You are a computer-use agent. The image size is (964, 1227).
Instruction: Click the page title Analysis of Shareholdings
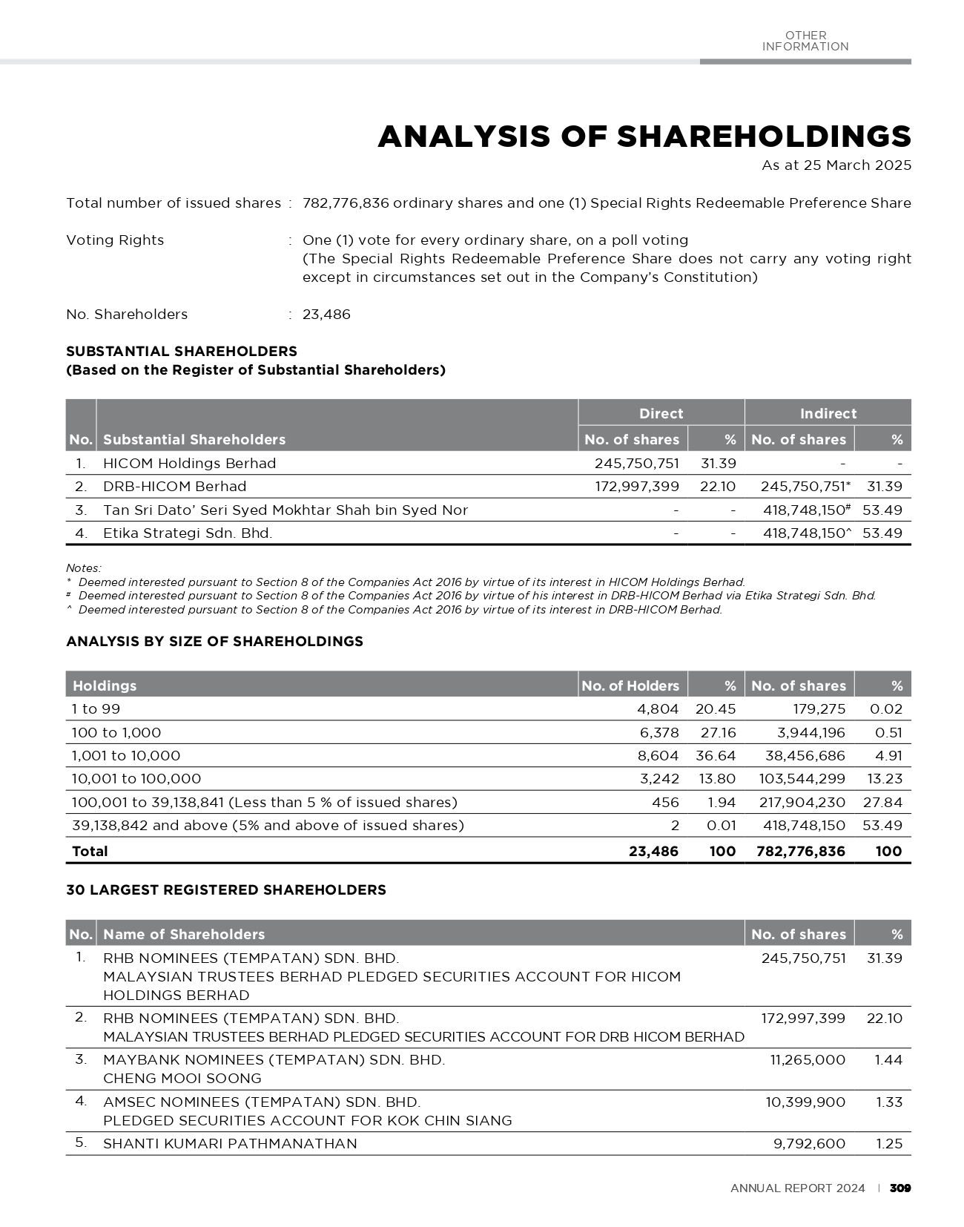pos(644,137)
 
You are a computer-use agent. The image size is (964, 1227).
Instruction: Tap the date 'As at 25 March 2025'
pos(836,165)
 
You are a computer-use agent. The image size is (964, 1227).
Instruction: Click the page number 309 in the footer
pos(899,1188)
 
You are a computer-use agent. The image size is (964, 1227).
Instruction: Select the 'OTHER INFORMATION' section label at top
pos(805,41)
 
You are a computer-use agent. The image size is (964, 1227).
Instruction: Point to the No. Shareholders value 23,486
pos(326,315)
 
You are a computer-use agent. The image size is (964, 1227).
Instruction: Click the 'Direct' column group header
pos(661,413)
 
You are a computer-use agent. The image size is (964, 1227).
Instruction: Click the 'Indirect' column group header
pos(828,413)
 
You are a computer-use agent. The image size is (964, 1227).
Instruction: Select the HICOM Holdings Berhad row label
pos(189,464)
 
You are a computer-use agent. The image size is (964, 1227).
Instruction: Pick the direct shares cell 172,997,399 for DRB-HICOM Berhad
pos(637,487)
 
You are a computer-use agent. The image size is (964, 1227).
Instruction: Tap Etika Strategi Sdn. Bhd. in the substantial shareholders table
pos(187,533)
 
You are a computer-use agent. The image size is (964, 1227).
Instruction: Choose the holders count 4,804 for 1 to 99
pos(658,709)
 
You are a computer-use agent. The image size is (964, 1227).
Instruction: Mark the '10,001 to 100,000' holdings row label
pos(136,779)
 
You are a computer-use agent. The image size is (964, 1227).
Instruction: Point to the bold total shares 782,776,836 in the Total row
pos(800,852)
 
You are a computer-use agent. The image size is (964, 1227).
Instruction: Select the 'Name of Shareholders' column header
pos(183,935)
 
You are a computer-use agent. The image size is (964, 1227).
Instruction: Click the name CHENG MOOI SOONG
pos(182,1079)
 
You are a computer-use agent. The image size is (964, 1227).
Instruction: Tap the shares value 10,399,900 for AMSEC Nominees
pos(805,1102)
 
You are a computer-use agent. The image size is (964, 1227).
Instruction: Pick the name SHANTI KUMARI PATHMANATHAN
pos(230,1144)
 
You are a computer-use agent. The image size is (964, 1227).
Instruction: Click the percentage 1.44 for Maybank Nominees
pos(888,1060)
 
